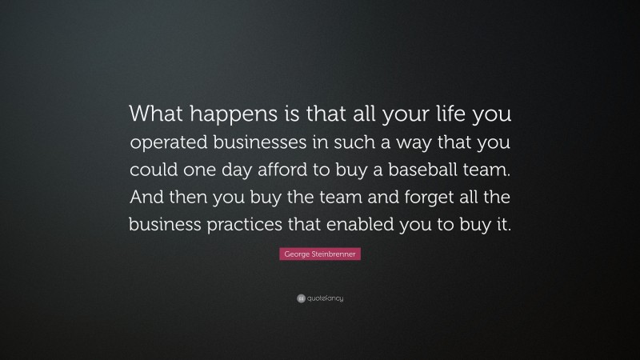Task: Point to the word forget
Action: coord(407,198)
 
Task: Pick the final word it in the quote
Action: coord(502,225)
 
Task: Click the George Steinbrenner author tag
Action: coord(320,254)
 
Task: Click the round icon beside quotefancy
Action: coord(300,298)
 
